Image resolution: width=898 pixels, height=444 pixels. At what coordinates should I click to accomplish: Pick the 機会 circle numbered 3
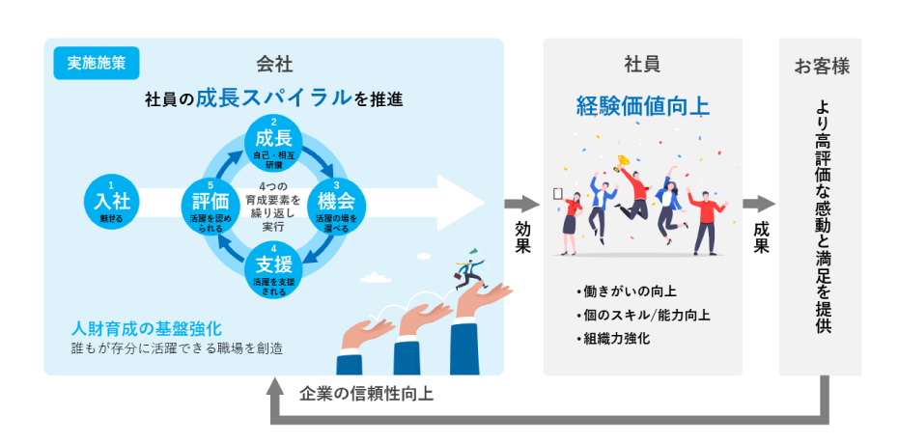[x=335, y=203]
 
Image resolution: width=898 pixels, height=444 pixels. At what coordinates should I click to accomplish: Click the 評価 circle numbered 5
[x=210, y=203]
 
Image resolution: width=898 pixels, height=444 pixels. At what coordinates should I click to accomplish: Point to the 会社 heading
[x=274, y=65]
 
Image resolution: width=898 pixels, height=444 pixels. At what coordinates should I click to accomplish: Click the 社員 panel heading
[x=642, y=65]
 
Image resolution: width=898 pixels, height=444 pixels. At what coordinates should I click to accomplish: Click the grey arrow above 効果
[x=520, y=204]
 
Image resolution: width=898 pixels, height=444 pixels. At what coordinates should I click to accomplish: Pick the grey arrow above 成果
[x=760, y=204]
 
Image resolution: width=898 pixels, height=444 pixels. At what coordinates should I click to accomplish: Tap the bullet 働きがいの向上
[x=626, y=291]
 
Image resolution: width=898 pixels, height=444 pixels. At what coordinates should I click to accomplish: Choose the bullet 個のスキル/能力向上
[x=642, y=315]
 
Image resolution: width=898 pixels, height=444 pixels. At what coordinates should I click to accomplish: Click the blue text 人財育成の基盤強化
[x=146, y=327]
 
